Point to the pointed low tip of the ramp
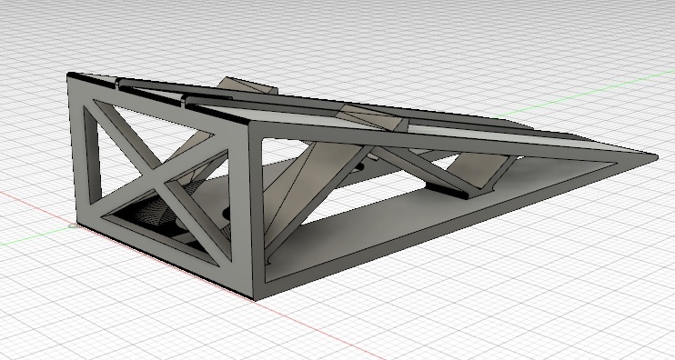point(652,155)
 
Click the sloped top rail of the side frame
point(437,145)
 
